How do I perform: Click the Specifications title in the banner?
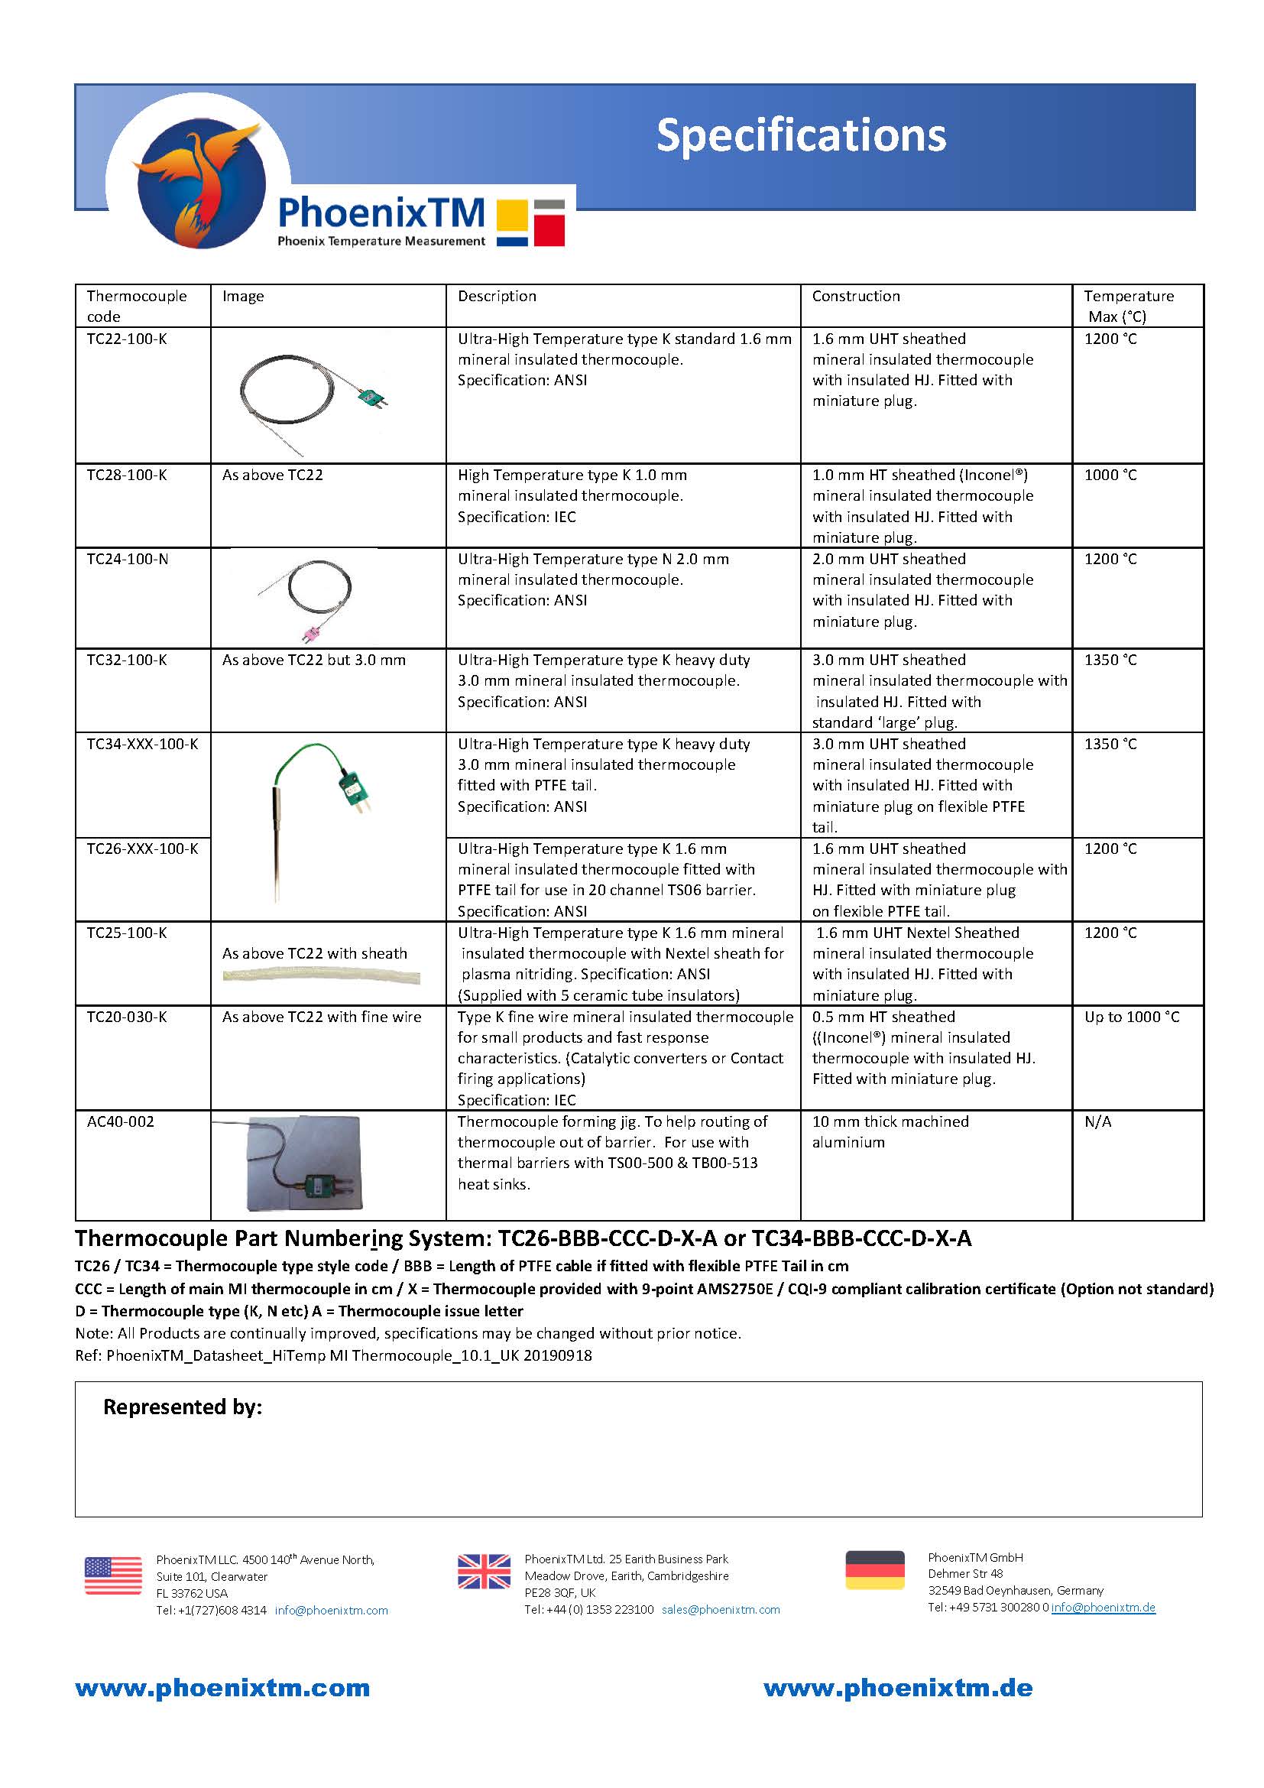tap(801, 135)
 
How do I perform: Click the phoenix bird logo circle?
tap(201, 184)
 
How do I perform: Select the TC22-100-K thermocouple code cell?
tap(127, 339)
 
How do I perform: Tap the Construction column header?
tap(855, 297)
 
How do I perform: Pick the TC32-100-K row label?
tap(127, 660)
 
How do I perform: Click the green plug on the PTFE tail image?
tap(353, 788)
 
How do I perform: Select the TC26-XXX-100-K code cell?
tap(141, 849)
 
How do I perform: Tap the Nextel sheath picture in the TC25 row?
tap(321, 976)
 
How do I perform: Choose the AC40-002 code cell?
tap(120, 1122)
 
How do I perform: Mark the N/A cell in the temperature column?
tap(1097, 1122)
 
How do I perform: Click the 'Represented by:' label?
tap(183, 1407)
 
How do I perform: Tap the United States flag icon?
tap(113, 1575)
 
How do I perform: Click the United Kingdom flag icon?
tap(483, 1572)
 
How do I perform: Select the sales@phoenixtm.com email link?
tap(720, 1610)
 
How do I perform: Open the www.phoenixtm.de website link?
tap(897, 1689)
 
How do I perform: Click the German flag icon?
tap(874, 1570)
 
